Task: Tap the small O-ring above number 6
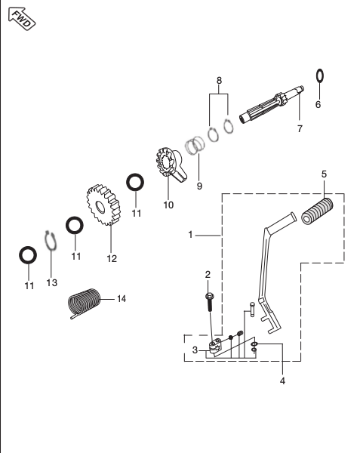tap(319, 75)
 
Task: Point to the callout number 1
tap(192, 235)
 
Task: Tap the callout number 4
tap(282, 381)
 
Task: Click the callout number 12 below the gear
tap(112, 258)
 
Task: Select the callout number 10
tap(168, 205)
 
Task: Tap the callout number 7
tap(300, 129)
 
